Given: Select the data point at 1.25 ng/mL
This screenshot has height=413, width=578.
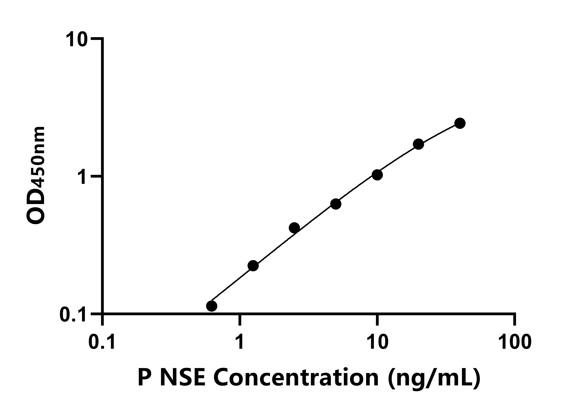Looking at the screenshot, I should (253, 266).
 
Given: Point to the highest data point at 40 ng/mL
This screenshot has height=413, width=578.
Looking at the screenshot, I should (460, 123).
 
